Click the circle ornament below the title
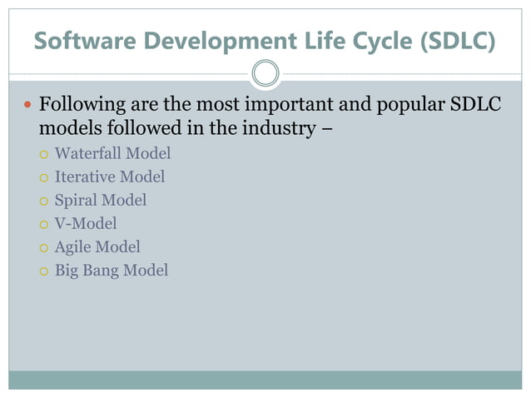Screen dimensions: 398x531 [x=265, y=74]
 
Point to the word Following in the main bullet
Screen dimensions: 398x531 [x=79, y=107]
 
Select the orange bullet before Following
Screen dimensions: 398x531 [x=27, y=107]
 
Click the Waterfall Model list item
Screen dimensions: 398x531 [x=112, y=153]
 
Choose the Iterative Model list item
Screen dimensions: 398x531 [x=109, y=177]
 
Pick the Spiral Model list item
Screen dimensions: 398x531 [x=100, y=200]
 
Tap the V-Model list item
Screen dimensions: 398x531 [x=86, y=223]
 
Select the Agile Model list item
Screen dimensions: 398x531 [x=97, y=246]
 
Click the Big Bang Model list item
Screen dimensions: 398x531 [x=111, y=270]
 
